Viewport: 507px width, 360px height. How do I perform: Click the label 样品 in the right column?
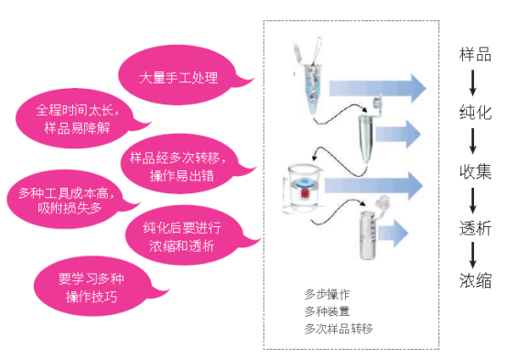(x=475, y=55)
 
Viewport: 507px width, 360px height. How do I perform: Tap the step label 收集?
(x=475, y=171)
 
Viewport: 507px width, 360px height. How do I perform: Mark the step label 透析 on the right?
(x=475, y=228)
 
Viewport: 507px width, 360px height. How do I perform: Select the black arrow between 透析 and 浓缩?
(x=475, y=255)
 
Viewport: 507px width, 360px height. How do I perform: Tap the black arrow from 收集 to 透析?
(x=475, y=200)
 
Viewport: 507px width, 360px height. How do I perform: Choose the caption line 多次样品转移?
(x=339, y=327)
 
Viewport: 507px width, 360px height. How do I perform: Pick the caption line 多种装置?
(x=328, y=311)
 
